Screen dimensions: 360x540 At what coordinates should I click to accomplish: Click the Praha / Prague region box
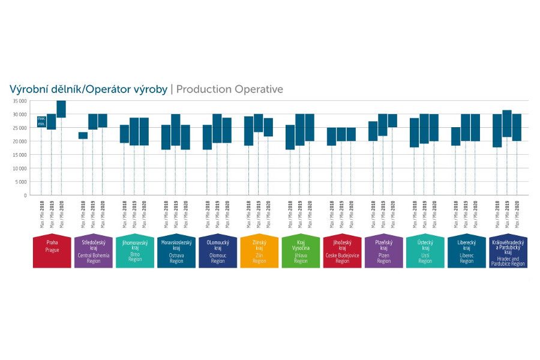tap(52, 252)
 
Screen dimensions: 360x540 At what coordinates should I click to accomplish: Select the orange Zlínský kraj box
tap(259, 252)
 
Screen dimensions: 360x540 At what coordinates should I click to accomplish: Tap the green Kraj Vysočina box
tap(301, 252)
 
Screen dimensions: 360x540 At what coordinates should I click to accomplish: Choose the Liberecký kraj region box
tap(466, 252)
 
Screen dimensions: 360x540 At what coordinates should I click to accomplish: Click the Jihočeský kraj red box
tap(342, 252)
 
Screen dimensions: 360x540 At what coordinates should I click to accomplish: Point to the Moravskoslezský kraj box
tap(176, 252)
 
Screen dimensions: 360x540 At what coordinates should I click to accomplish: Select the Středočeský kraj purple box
tap(94, 252)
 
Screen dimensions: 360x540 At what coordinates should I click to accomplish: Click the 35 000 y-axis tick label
tap(19, 101)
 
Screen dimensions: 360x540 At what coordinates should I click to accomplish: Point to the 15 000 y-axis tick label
tap(19, 155)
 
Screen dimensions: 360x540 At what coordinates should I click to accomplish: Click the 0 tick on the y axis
tap(25, 196)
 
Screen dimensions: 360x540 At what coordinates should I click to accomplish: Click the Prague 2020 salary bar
tap(61, 109)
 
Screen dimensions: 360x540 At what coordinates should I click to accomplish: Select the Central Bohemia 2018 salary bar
tap(83, 136)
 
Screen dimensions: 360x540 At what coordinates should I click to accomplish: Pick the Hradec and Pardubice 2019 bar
tap(507, 124)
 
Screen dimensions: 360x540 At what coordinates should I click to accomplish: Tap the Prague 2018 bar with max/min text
tap(41, 121)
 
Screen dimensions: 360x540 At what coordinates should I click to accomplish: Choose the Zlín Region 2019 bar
tap(259, 123)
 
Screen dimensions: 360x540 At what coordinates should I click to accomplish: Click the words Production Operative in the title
tap(229, 89)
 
